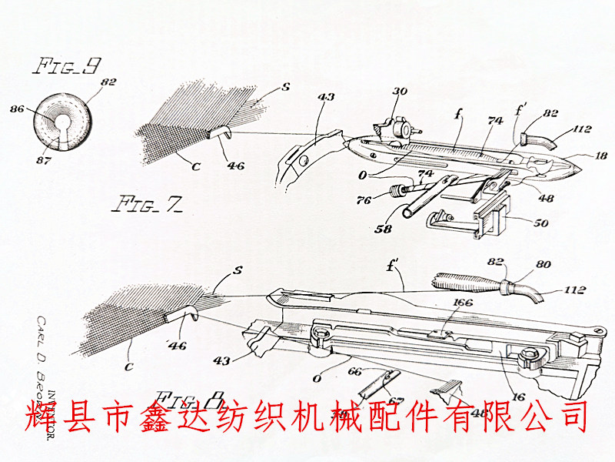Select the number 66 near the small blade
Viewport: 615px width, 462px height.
coord(355,371)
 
